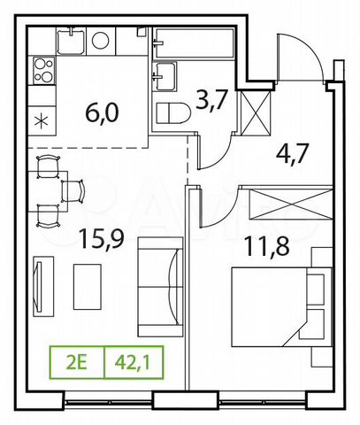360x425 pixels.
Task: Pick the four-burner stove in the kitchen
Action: pos(44,71)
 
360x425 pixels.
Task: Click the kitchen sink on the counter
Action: pos(71,40)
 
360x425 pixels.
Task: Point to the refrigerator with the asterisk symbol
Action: pos(42,121)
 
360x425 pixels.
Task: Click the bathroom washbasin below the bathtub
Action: pos(165,78)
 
